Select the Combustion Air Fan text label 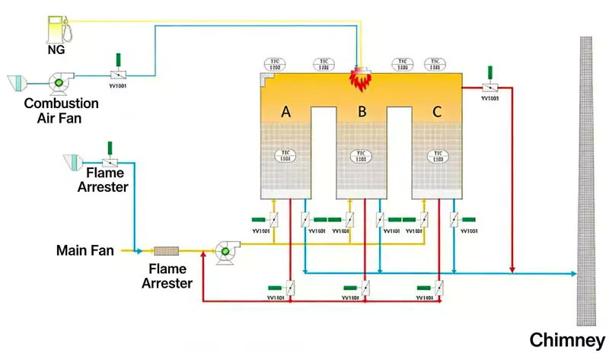[x=61, y=109]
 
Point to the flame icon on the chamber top [x=359, y=77]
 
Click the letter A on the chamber [x=286, y=112]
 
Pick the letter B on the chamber [x=362, y=112]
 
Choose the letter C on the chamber [x=437, y=112]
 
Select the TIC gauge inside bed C [x=437, y=156]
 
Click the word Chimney [x=567, y=339]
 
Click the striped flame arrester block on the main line [x=165, y=250]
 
